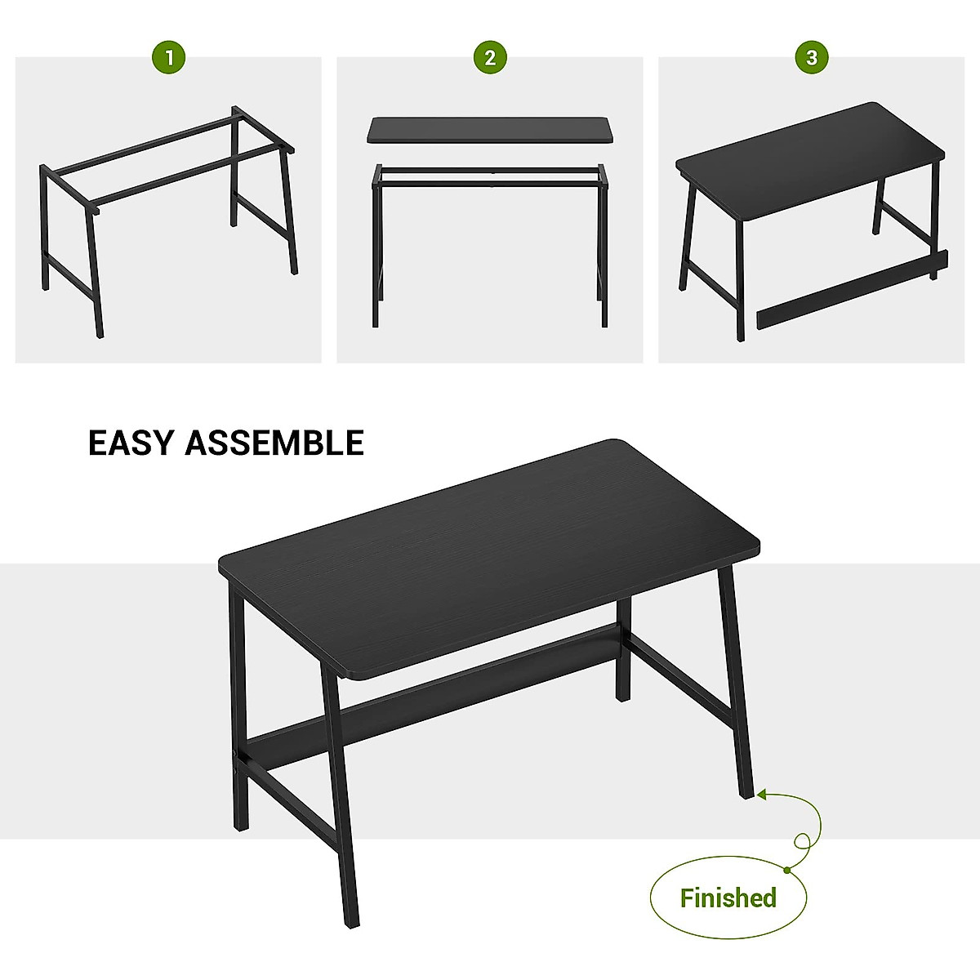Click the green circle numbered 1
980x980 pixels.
tap(169, 57)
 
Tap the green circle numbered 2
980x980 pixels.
tap(490, 57)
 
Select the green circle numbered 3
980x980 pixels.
tap(811, 57)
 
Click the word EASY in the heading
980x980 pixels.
tap(131, 443)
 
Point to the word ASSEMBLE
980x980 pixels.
tap(274, 443)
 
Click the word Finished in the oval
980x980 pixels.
tap(728, 898)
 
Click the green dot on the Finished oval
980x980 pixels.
tap(786, 868)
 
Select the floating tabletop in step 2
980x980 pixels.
tap(490, 131)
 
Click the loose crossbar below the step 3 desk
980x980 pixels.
tap(849, 290)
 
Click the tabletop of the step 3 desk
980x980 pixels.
tap(808, 155)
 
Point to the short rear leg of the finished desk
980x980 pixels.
tap(623, 653)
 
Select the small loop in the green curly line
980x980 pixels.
tap(803, 840)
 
